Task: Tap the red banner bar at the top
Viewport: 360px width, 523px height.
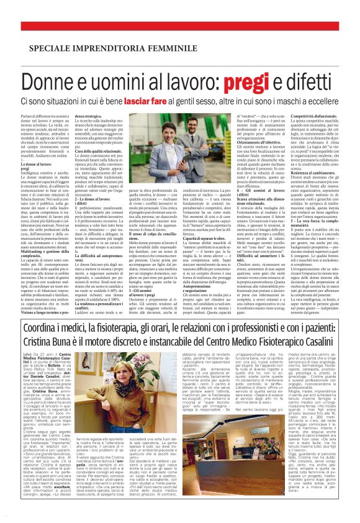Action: pos(180,26)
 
